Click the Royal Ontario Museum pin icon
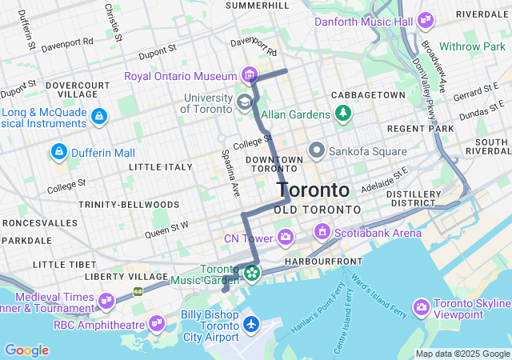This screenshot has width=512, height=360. click(x=251, y=77)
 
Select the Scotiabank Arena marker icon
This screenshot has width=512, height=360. click(x=322, y=232)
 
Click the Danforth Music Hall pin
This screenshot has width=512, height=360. click(x=425, y=20)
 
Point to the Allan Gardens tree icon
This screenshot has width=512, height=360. click(x=343, y=115)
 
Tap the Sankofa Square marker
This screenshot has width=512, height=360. click(x=317, y=150)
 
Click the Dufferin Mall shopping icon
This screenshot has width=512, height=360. click(x=58, y=151)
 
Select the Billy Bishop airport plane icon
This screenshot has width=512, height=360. click(x=252, y=324)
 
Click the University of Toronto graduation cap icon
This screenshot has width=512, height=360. click(x=244, y=102)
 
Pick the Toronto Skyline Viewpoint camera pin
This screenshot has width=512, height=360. click(x=422, y=307)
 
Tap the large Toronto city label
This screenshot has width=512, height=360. click(x=313, y=190)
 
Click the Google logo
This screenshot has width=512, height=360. click(x=26, y=350)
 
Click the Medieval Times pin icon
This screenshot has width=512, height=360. click(x=106, y=301)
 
